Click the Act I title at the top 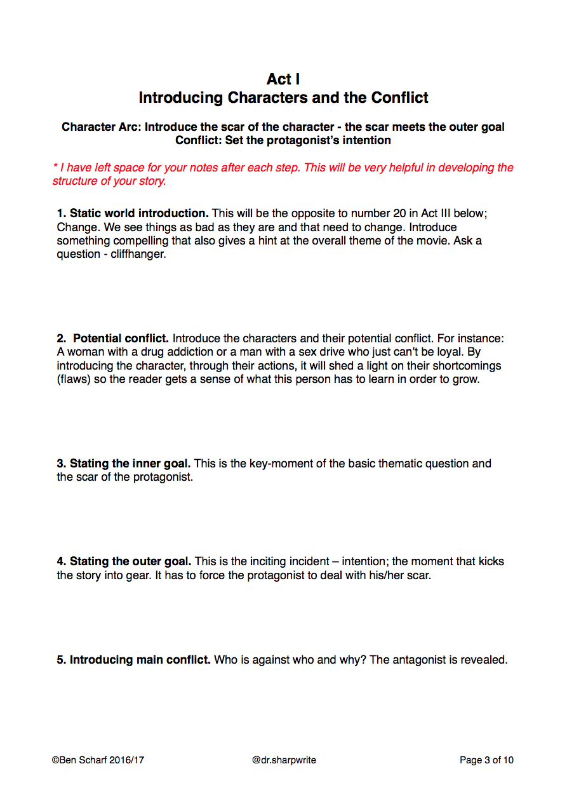pos(283,79)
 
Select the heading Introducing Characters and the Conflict pos(283,98)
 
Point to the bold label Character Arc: pos(102,127)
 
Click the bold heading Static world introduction pos(139,213)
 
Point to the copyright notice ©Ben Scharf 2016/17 pos(98,760)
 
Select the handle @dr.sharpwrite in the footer pos(284,760)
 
